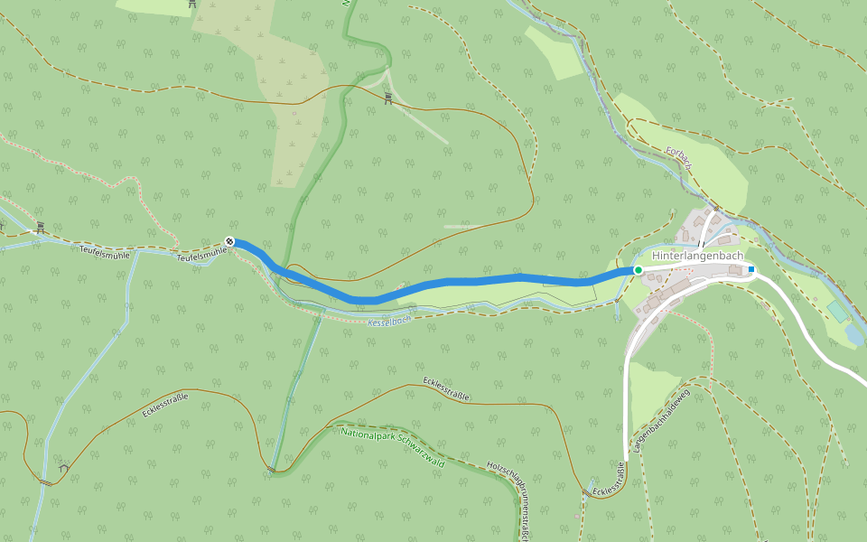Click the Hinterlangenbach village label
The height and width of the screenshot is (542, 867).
coord(696,257)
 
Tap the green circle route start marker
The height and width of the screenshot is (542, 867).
coord(638,270)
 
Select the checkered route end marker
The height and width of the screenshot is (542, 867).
coord(229,241)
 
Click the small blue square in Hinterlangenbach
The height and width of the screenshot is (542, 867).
coord(751,269)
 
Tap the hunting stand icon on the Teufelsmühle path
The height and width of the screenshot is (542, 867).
coord(40,227)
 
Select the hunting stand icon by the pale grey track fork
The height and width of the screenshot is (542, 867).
coord(387,98)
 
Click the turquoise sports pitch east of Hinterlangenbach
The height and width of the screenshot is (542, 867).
coord(837,311)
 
